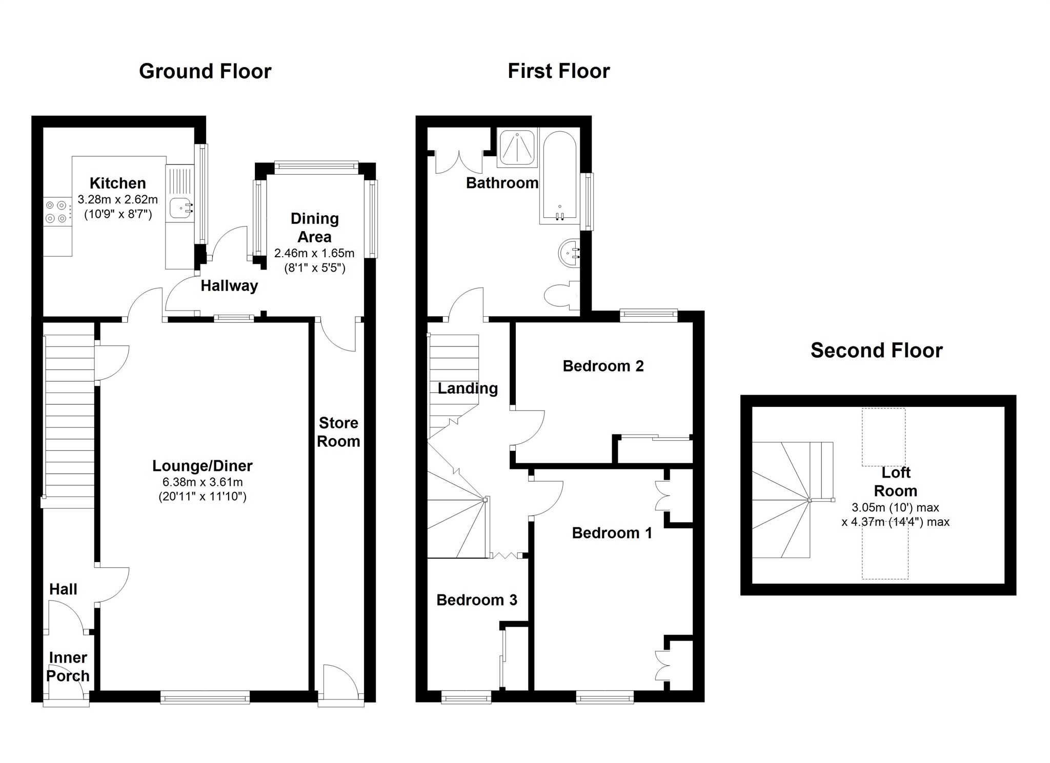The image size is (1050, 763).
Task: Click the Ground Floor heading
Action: click(x=205, y=71)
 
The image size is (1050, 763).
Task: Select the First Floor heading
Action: click(x=558, y=71)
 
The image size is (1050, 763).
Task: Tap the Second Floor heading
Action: click(x=876, y=350)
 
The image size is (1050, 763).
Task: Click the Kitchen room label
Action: click(x=118, y=183)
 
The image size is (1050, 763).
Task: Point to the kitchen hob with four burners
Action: click(x=56, y=212)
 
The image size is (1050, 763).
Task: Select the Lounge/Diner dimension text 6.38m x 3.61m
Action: click(x=203, y=482)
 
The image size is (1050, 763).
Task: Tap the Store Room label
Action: click(x=338, y=432)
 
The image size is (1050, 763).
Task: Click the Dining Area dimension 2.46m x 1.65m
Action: click(x=314, y=253)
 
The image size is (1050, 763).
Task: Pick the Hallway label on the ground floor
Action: click(x=229, y=286)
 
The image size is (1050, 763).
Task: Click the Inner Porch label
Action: click(x=68, y=666)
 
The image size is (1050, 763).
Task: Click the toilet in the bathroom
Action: click(x=560, y=296)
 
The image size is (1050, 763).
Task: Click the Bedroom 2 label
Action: click(x=603, y=366)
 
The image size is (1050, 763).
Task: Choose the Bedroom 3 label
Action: click(x=477, y=600)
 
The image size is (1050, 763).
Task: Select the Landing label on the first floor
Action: click(x=468, y=388)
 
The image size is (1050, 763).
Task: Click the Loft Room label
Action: click(x=895, y=482)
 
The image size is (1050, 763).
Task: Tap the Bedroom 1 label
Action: click(x=612, y=533)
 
